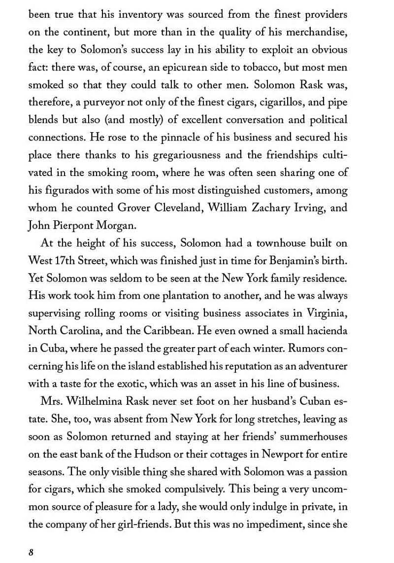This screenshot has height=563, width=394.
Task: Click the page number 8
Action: pyautogui.click(x=31, y=552)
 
